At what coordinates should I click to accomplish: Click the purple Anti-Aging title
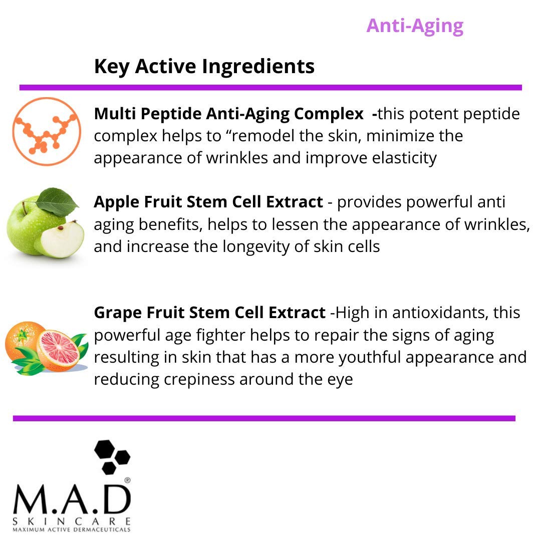point(415,26)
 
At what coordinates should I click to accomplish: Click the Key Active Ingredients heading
point(204,66)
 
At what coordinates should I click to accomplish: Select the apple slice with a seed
point(60,239)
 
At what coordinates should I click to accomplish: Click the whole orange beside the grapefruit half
point(21,341)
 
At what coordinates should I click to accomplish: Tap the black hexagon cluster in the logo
point(112,456)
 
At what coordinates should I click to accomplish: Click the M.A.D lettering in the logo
point(72,501)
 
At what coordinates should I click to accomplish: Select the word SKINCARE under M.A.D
point(72,520)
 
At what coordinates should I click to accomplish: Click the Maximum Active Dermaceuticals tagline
point(72,529)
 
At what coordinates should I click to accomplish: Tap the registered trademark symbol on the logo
point(127,480)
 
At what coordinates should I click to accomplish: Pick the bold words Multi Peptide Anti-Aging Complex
point(228,114)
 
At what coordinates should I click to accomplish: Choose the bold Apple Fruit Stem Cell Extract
point(208,202)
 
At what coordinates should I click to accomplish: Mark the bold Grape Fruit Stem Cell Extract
point(209,313)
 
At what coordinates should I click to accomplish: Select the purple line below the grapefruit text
point(264,418)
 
